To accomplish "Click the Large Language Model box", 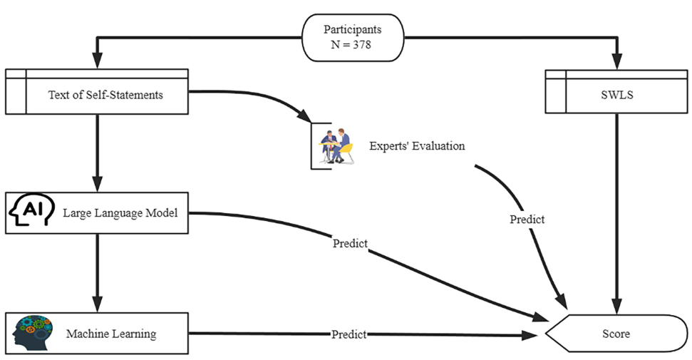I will click(x=97, y=212).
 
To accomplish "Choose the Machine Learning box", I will click(x=97, y=333).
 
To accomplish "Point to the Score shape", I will click(x=616, y=333).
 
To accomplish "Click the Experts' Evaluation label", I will click(x=417, y=146).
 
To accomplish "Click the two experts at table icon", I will click(x=335, y=145).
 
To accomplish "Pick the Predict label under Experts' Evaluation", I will click(x=527, y=220).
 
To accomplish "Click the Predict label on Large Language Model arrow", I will click(x=350, y=243).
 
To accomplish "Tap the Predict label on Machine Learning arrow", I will click(x=348, y=334).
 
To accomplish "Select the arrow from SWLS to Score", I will click(x=616, y=214).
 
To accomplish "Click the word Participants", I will click(x=353, y=29).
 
